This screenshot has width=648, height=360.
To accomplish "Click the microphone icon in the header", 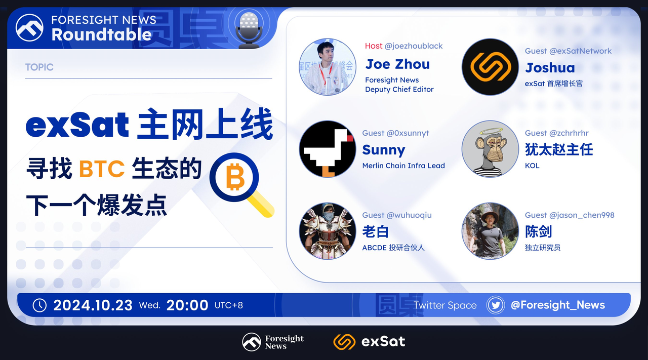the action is [x=249, y=29].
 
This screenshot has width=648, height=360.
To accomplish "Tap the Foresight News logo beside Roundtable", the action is [x=29, y=28].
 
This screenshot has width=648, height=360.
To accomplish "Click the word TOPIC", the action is [x=39, y=67].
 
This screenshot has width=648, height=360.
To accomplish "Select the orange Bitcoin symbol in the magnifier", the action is [x=235, y=177].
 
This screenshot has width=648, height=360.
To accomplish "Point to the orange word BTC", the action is [x=102, y=169].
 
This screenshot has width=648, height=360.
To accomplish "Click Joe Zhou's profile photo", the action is [x=328, y=67].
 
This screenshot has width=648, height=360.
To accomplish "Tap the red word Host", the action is [x=374, y=46].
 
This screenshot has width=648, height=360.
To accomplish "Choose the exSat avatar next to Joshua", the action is [x=490, y=67].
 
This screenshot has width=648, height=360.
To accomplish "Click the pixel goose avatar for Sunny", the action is [x=328, y=149].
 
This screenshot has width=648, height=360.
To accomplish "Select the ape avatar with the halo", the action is [x=490, y=149].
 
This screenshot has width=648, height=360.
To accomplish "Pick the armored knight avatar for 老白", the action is [x=328, y=231].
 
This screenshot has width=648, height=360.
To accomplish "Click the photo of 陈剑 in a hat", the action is [x=490, y=231].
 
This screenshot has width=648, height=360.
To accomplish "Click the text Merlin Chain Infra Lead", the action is [x=403, y=166].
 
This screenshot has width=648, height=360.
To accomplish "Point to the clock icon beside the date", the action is [x=39, y=305].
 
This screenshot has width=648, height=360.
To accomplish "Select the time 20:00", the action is [x=187, y=305].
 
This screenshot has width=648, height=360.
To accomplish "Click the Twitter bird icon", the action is [x=496, y=305].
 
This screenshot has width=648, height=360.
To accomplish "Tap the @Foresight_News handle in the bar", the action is [x=558, y=305].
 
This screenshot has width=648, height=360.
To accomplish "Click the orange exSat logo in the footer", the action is [x=344, y=342].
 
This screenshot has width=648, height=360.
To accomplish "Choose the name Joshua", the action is [x=550, y=68].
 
